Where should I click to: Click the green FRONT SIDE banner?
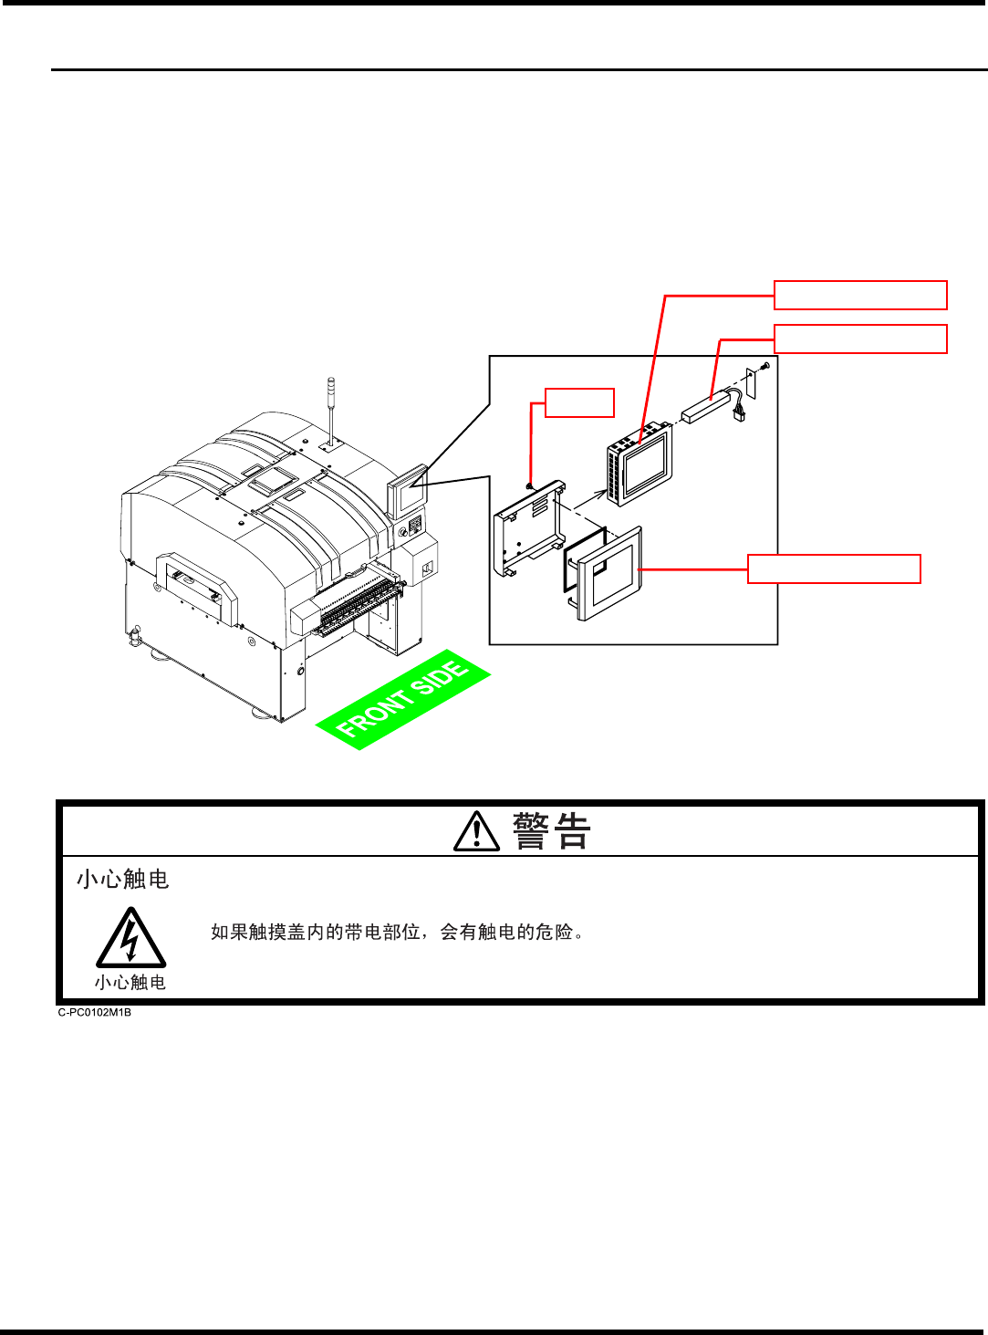pos(402,700)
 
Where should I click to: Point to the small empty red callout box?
pos(579,402)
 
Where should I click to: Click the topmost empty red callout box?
pos(860,296)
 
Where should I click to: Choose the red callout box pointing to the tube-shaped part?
pos(860,339)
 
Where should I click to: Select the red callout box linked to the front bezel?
pos(834,568)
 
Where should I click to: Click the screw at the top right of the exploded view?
pos(764,365)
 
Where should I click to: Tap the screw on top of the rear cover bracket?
pos(530,485)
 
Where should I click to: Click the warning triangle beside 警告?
pos(476,832)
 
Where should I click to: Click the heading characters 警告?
pos(552,831)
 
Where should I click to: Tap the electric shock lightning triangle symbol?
pos(130,940)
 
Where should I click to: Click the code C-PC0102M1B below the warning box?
pos(95,1012)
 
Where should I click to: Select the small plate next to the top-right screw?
pos(751,381)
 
